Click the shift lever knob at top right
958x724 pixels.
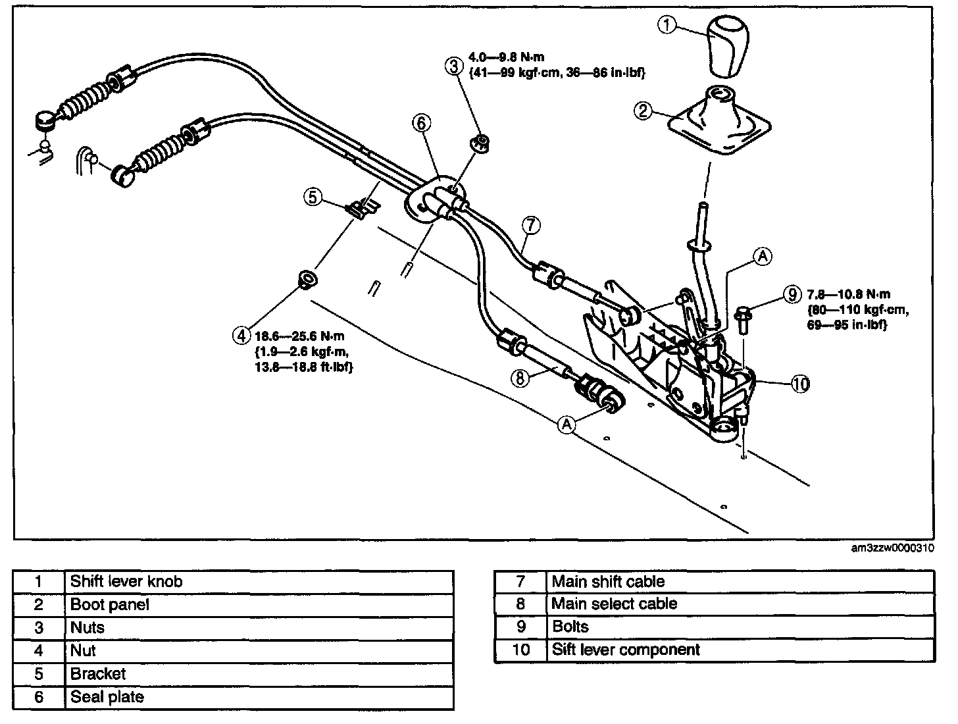click(x=728, y=46)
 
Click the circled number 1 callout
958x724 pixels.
click(x=667, y=25)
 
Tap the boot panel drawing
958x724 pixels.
click(x=720, y=120)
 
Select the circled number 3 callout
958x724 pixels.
click(x=454, y=66)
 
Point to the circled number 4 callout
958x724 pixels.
click(x=241, y=336)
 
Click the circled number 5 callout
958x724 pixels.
click(x=313, y=197)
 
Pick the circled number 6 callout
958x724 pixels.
click(x=421, y=123)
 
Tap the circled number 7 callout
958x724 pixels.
click(x=531, y=225)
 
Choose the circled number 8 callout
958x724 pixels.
click(x=520, y=378)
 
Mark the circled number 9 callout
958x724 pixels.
click(x=792, y=294)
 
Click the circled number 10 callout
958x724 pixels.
click(x=801, y=384)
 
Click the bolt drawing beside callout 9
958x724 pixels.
click(x=742, y=319)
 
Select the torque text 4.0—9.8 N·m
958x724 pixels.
click(x=506, y=57)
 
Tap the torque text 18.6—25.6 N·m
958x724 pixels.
click(x=299, y=336)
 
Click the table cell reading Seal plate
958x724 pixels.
click(x=259, y=697)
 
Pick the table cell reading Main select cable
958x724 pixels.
click(x=740, y=604)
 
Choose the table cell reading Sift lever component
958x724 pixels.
click(x=740, y=650)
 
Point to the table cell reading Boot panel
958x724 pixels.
click(x=259, y=604)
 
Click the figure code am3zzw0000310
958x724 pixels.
click(x=892, y=548)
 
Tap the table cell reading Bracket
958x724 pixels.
click(x=259, y=674)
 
